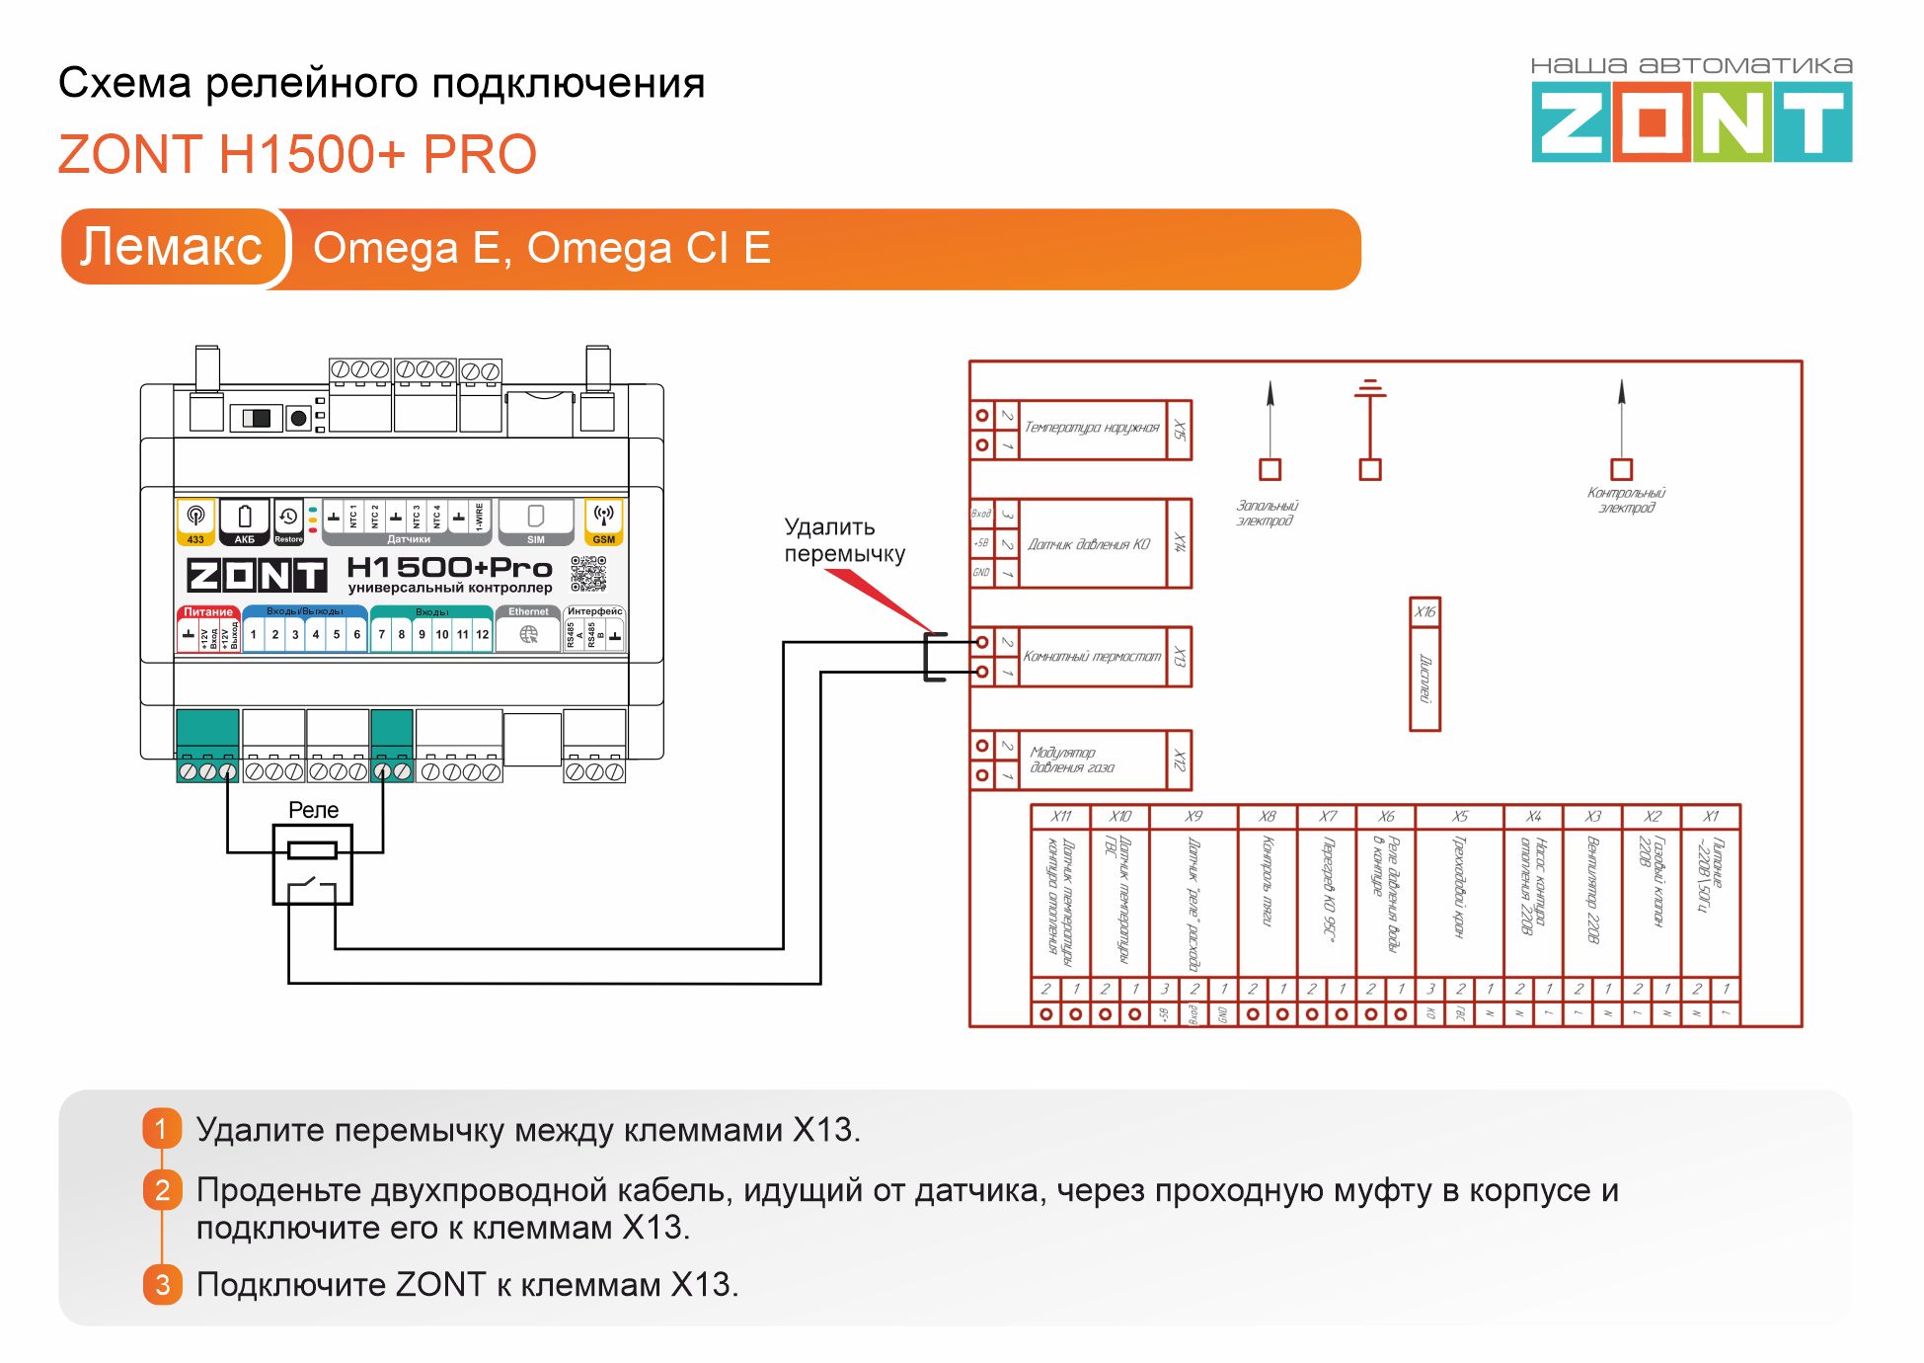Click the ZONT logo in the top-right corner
(1691, 121)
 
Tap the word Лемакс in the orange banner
(172, 247)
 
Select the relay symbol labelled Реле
(312, 865)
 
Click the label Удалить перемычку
(844, 540)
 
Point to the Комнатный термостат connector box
(1091, 657)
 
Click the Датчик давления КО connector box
(1090, 544)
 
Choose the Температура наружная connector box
(1091, 429)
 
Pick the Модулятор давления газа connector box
(1091, 761)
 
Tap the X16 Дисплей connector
(1424, 665)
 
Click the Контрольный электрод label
(1626, 500)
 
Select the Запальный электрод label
(1267, 513)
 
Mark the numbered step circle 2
(163, 1190)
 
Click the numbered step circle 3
(163, 1284)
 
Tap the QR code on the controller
(588, 574)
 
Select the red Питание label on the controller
(207, 612)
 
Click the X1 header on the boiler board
(1711, 817)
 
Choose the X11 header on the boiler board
(1061, 817)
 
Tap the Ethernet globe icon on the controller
(529, 635)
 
